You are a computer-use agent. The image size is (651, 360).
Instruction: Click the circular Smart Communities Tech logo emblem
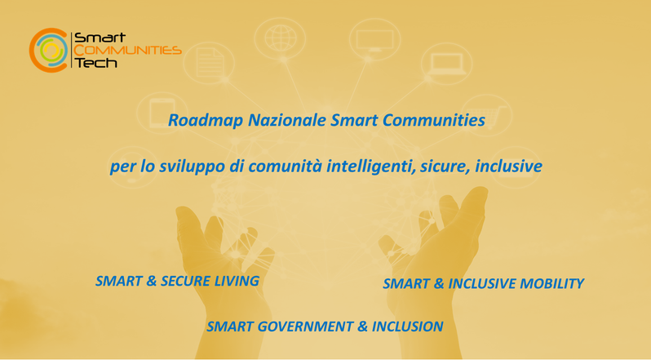48,51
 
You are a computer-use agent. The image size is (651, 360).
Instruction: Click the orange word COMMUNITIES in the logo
128,51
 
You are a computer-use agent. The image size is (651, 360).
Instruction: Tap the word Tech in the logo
95,63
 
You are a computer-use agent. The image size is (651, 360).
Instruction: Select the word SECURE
185,281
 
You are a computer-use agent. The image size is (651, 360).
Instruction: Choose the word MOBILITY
551,283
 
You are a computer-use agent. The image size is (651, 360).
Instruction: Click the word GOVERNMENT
306,327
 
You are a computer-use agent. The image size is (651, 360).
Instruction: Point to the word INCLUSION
407,327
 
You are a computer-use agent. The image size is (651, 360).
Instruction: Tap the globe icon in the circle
281,38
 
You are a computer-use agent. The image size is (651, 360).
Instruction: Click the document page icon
209,63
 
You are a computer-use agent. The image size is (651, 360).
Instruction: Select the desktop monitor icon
375,40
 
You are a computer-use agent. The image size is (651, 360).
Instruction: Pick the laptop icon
447,64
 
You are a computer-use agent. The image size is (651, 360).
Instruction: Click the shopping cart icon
487,116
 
